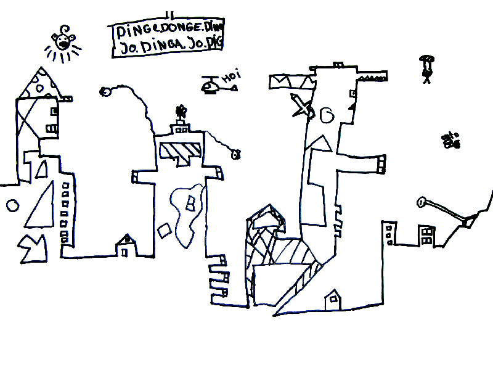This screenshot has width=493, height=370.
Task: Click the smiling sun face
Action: (x=63, y=42)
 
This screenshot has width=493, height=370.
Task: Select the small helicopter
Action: (x=213, y=86)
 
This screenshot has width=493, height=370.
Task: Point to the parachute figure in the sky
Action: (x=426, y=67)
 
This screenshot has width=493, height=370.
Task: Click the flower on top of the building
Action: (x=181, y=112)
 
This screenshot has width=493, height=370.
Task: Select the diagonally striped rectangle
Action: (x=180, y=149)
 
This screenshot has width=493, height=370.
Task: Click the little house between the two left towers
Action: (x=126, y=245)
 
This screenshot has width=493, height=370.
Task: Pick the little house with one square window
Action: (x=333, y=300)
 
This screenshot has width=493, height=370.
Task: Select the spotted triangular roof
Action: (x=38, y=82)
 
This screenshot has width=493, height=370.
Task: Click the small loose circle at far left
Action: (x=11, y=205)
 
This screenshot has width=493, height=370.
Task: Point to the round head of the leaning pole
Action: (x=422, y=200)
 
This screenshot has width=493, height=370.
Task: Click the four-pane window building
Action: (x=426, y=234)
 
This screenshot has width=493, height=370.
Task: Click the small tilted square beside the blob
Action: (x=165, y=231)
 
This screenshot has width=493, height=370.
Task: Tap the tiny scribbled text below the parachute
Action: (x=451, y=141)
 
